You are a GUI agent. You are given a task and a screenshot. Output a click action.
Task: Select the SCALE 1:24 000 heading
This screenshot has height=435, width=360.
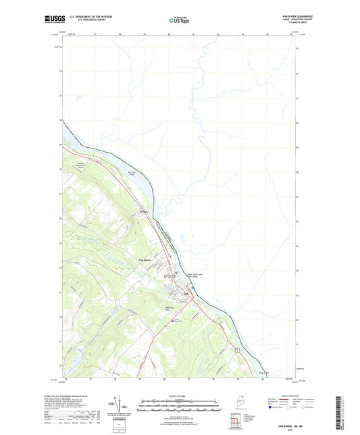tap(180, 396)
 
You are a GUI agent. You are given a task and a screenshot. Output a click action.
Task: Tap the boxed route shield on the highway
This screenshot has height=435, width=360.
tap(238, 349)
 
